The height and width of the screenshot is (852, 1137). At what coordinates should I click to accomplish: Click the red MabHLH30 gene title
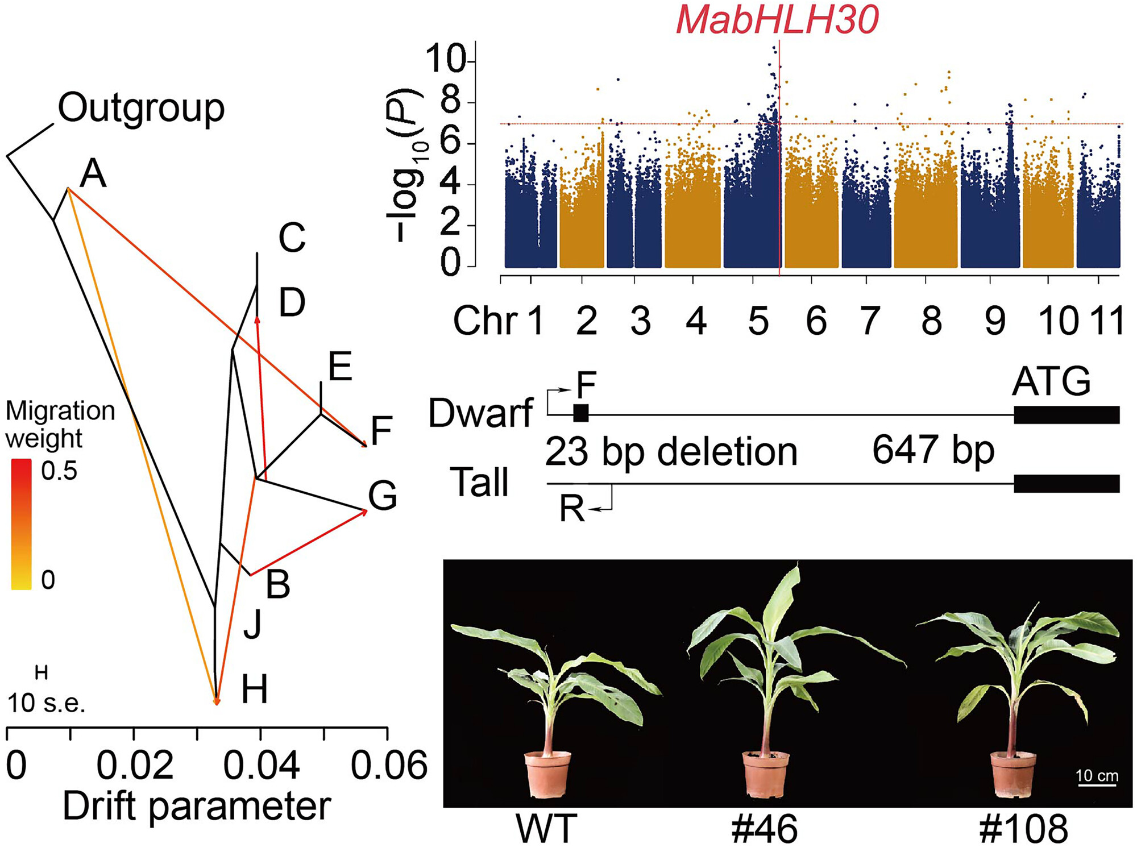coord(777,20)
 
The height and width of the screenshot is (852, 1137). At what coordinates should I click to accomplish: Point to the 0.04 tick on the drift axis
coord(261,765)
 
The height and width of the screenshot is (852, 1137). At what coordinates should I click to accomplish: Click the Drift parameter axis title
coord(197,807)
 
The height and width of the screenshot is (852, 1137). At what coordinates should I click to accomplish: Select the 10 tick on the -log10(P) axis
coord(446,60)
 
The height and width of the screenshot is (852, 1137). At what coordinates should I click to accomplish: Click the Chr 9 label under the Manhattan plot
coord(994,321)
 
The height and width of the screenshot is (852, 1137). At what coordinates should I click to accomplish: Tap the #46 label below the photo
coord(765,829)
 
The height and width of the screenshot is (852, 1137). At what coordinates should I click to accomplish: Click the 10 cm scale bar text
coord(1097,776)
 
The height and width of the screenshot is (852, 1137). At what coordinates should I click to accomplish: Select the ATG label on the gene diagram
coord(1051,381)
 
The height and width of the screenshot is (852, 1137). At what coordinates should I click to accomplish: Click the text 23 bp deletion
coord(671,453)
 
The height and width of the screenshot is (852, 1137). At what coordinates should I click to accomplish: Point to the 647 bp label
coord(933,450)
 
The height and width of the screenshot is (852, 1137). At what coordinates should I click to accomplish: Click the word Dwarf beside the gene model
coord(480,413)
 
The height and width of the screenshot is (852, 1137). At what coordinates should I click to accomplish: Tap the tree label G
coord(382,496)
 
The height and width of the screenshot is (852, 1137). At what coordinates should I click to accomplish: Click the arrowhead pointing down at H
coord(216,701)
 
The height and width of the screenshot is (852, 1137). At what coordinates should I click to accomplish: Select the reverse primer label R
coord(572,509)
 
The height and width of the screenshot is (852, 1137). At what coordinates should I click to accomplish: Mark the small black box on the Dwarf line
coord(581,413)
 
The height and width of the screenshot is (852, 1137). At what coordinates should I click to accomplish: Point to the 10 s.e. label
coord(46,704)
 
